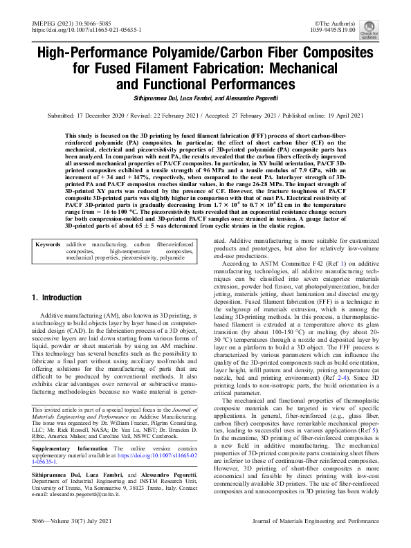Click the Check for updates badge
tap(387, 28)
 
